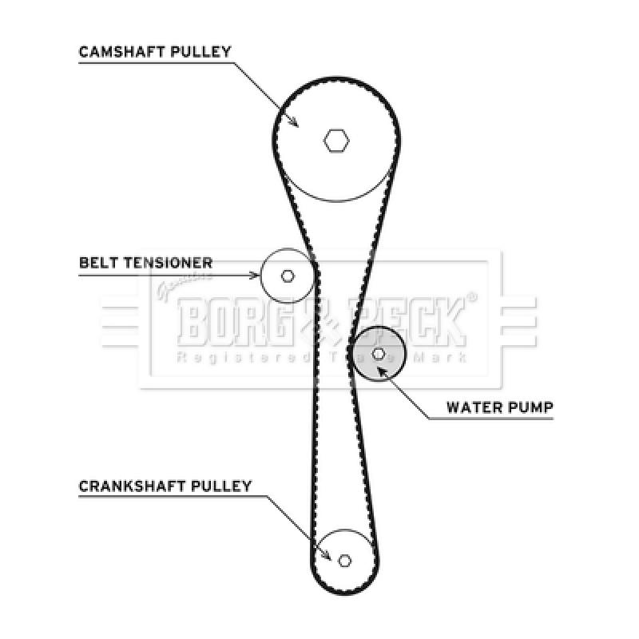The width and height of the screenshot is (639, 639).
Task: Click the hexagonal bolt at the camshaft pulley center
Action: (x=336, y=141)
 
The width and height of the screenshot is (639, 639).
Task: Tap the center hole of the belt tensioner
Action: (x=288, y=276)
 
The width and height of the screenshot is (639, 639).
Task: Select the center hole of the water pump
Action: (x=379, y=354)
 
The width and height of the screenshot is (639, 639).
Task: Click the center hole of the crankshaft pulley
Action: (x=345, y=561)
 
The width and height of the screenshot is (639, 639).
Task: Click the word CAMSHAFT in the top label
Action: (x=122, y=52)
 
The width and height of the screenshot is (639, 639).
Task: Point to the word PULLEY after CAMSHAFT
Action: (x=201, y=52)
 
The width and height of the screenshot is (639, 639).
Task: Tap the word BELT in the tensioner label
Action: (x=98, y=263)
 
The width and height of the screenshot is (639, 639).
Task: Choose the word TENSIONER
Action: (x=168, y=263)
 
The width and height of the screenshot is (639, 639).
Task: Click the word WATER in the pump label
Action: (x=474, y=407)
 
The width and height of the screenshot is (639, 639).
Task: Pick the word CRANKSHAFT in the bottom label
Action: (x=132, y=486)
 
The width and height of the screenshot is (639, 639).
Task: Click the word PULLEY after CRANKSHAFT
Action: (x=221, y=486)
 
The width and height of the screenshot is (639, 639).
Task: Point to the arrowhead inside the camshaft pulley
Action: (x=293, y=121)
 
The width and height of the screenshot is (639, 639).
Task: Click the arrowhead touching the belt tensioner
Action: (x=255, y=276)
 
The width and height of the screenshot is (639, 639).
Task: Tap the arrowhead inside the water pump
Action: (x=383, y=371)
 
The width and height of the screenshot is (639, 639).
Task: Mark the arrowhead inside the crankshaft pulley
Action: (x=326, y=554)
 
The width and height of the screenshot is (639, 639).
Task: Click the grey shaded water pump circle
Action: (x=379, y=354)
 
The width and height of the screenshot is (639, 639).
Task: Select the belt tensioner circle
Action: (x=288, y=276)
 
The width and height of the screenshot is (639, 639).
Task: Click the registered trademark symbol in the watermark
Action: (x=471, y=297)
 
